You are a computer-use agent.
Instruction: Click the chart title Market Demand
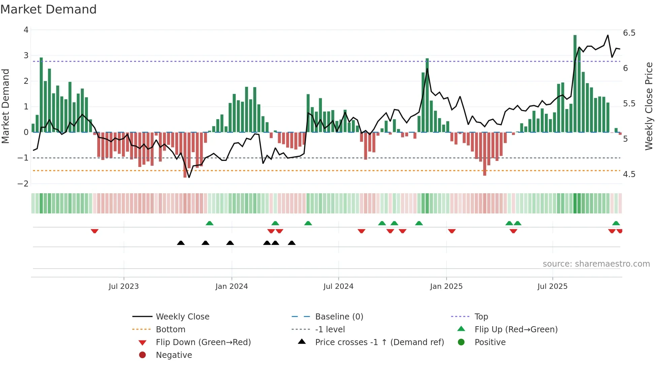click(48, 9)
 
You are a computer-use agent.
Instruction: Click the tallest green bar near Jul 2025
click(575, 84)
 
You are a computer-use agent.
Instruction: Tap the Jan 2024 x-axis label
click(231, 286)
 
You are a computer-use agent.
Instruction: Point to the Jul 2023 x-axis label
click(124, 286)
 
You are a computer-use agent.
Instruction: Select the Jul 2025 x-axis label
click(552, 286)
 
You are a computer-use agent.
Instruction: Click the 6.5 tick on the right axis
click(629, 33)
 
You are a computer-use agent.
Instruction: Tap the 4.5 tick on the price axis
click(629, 174)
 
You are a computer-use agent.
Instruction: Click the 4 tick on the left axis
click(26, 30)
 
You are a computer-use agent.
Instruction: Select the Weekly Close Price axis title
click(649, 106)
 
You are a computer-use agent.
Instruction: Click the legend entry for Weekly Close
click(182, 317)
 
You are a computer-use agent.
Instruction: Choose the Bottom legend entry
click(170, 330)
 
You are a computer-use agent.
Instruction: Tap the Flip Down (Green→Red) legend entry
click(203, 342)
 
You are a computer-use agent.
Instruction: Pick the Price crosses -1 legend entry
click(379, 342)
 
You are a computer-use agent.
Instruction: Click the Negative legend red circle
click(142, 355)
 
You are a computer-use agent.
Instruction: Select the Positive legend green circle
click(461, 342)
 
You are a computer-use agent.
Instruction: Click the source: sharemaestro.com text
click(596, 264)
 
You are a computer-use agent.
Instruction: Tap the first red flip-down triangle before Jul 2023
click(95, 231)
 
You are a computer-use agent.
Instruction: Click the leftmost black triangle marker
click(181, 243)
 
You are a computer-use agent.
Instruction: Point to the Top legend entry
click(481, 317)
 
